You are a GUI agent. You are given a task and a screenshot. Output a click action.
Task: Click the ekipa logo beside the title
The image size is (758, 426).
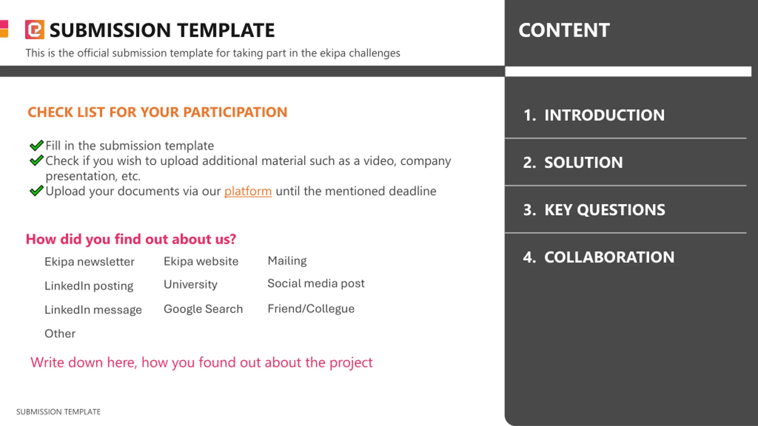point(35,30)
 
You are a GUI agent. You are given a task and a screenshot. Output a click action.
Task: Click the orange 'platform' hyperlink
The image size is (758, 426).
point(248,191)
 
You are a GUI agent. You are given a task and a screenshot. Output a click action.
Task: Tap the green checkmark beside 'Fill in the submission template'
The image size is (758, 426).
point(37,145)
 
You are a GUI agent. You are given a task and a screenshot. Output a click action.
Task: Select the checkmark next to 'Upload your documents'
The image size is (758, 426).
point(37,191)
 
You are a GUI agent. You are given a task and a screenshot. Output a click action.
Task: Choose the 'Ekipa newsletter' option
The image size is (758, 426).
point(89,262)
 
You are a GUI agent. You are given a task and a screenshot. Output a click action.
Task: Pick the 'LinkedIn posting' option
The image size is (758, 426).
point(89,286)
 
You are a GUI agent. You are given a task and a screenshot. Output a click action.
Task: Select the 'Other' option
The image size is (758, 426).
point(60,334)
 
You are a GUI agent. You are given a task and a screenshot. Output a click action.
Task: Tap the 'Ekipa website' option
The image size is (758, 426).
point(201,262)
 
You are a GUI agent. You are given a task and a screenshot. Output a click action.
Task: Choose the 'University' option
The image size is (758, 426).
point(190,285)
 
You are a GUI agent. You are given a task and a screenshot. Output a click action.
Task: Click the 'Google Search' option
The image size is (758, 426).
point(203,309)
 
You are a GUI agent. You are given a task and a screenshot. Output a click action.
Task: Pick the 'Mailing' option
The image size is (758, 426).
point(287,261)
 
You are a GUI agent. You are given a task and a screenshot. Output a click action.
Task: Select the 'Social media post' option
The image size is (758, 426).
point(316,284)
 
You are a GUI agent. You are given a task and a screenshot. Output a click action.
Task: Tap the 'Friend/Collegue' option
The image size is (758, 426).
point(311,309)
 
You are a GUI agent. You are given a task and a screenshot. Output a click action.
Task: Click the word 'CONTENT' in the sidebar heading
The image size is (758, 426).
point(564,30)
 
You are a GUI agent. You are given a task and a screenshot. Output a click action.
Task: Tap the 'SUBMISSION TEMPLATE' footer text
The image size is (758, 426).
point(58,412)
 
